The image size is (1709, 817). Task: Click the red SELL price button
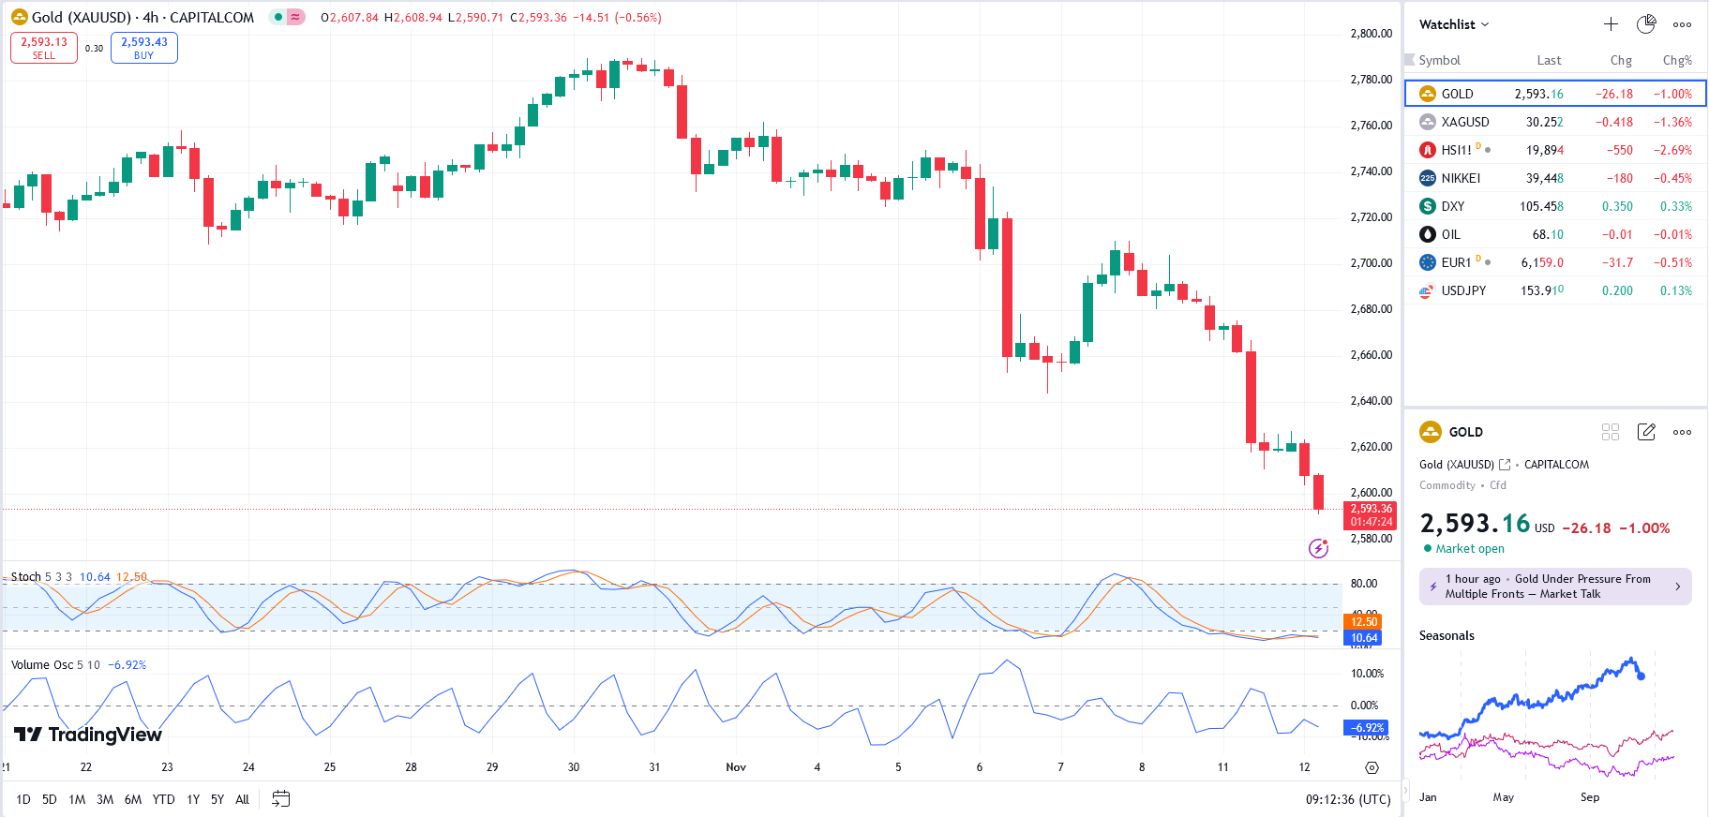click(x=44, y=48)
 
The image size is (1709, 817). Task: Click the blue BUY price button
click(x=143, y=48)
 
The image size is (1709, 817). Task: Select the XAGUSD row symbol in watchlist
click(x=1464, y=122)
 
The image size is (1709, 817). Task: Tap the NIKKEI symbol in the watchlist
click(x=1461, y=178)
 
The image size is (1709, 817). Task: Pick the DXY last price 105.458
click(x=1541, y=206)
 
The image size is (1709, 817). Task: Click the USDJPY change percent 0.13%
click(x=1675, y=290)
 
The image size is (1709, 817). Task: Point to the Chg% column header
click(x=1676, y=60)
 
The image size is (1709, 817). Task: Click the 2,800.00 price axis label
click(x=1371, y=34)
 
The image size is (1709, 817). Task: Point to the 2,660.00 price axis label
click(x=1371, y=355)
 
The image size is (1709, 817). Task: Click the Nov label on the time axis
click(x=736, y=767)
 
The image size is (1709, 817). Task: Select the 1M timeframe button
click(x=77, y=799)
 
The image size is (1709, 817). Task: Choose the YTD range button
click(x=163, y=799)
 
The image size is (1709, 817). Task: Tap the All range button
click(x=242, y=799)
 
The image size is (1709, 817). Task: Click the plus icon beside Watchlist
click(x=1611, y=24)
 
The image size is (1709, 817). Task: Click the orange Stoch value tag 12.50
click(x=1364, y=622)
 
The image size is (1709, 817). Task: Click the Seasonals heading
click(x=1447, y=635)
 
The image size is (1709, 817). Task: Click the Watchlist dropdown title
click(x=1453, y=24)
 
